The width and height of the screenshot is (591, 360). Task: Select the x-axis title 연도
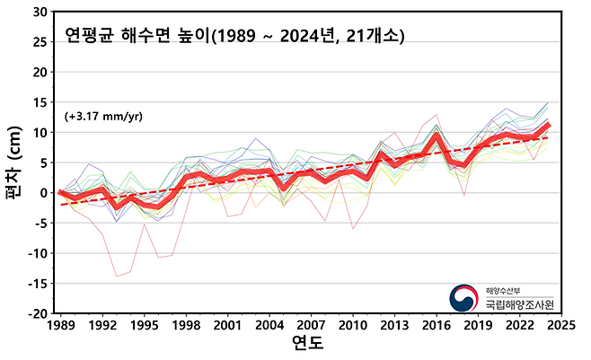coord(307,345)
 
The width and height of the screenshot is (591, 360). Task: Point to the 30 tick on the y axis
coord(40,13)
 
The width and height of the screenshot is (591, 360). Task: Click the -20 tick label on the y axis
coord(37,313)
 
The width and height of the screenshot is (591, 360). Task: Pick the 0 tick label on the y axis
coord(43,193)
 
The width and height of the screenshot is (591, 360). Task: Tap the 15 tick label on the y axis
coord(40,102)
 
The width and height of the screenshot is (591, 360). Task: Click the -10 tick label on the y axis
coord(37,253)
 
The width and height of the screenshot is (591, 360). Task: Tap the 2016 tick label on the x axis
coord(435,324)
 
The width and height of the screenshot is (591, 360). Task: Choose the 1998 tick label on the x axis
coord(185,324)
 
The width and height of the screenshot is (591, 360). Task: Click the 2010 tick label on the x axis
coord(351,324)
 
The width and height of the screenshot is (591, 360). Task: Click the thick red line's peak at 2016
coord(436,136)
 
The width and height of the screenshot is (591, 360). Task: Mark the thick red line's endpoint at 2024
coord(547,125)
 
